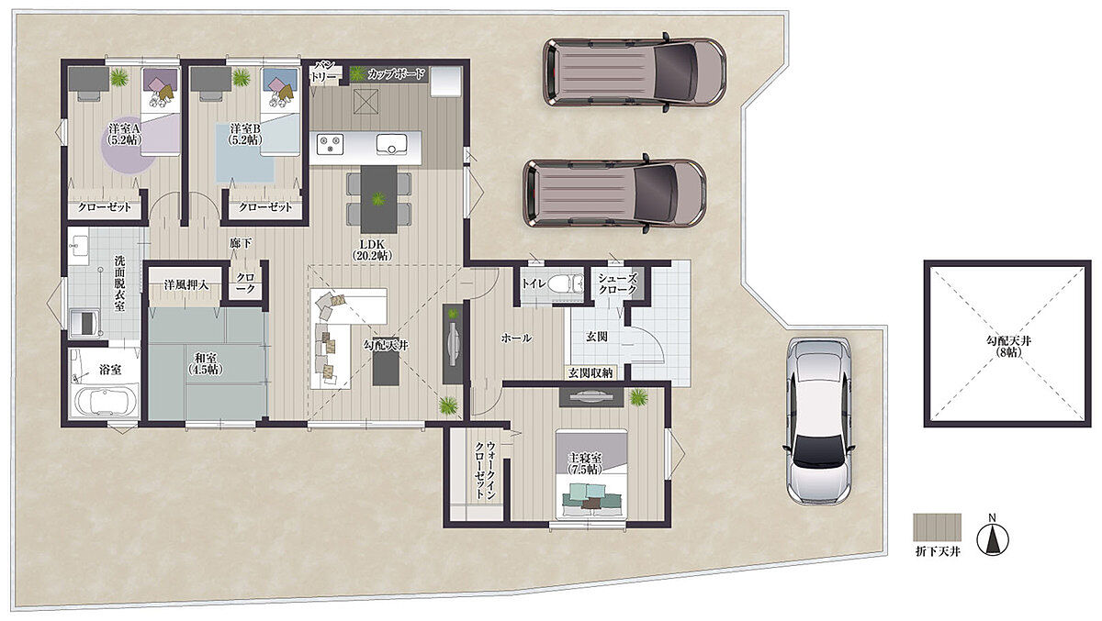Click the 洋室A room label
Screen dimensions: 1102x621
coord(125,134)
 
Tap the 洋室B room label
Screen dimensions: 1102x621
coord(245,134)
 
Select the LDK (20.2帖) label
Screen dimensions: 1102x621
coord(372,250)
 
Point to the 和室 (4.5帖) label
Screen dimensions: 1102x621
coord(206,363)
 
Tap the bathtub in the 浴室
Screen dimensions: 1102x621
coord(106,402)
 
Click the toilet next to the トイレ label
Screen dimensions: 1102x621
coord(565,283)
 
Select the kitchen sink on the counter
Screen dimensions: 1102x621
coord(391,144)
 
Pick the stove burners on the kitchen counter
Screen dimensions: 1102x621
coord(330,144)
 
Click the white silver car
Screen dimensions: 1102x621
coord(818,422)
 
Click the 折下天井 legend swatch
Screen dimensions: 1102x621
coord(938,527)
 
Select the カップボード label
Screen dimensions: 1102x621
coord(396,74)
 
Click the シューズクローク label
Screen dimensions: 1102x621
coord(617,284)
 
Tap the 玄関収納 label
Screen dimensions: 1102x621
coord(590,373)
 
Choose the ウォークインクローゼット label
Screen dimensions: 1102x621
coord(484,471)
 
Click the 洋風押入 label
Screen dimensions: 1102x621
coord(186,284)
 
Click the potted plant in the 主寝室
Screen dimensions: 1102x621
coord(638,397)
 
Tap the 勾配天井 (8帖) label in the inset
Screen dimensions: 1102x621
coord(1008,347)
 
